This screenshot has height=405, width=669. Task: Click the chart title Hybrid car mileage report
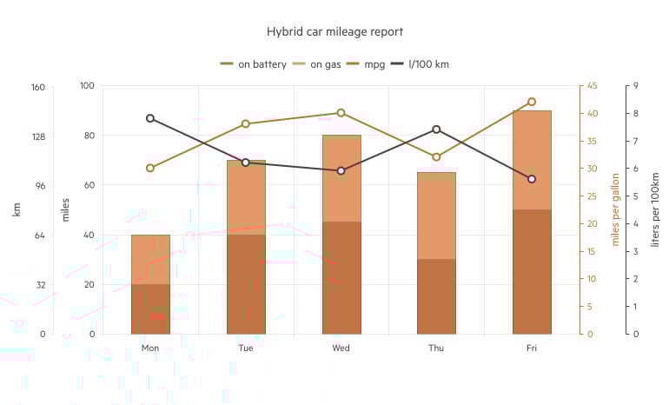(334, 32)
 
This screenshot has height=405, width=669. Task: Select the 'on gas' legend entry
(321, 64)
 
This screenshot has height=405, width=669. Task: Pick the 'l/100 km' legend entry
(420, 64)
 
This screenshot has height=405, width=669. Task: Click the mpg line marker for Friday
(532, 102)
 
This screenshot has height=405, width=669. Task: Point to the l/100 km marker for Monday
(150, 118)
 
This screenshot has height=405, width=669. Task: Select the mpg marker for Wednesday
(341, 113)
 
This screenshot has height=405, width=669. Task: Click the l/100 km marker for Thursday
(436, 129)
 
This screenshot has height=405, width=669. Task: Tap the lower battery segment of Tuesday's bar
(246, 284)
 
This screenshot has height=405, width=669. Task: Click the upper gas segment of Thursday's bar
(436, 216)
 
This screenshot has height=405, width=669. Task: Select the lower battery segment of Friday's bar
(532, 271)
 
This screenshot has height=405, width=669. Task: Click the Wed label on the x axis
(341, 349)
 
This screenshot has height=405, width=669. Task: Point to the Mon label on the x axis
(150, 349)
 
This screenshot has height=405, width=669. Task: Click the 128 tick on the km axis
(36, 136)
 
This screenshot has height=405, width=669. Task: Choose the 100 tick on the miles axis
(87, 86)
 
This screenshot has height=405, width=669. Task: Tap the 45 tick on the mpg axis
(593, 86)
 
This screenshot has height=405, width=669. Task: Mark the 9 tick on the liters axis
(636, 86)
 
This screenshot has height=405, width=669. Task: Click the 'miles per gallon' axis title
(616, 209)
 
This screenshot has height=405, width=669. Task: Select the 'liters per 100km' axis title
(655, 209)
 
